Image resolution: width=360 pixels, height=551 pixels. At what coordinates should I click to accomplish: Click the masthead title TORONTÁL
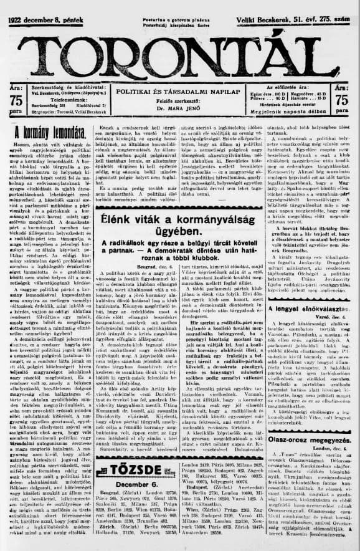[x=179, y=49]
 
